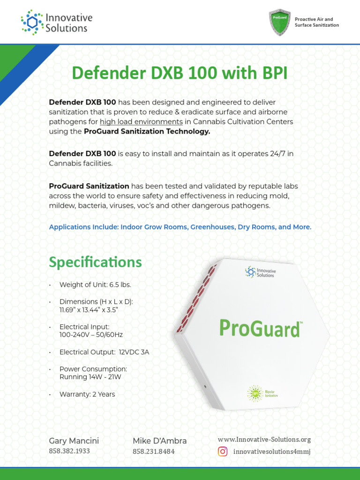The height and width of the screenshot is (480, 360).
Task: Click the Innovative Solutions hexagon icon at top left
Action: coord(31,22)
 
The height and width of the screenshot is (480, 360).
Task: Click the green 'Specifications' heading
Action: coord(95,262)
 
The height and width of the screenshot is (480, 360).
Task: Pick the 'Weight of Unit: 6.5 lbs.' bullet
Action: coord(95,285)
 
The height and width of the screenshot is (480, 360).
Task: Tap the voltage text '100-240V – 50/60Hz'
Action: coord(91,335)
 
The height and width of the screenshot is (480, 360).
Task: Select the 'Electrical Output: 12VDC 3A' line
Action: coord(104,352)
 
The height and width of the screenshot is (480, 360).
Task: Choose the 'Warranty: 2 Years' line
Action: coord(87,394)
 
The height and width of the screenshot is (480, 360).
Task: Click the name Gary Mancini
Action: coord(74,441)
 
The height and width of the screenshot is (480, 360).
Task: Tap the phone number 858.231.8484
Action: coord(154,451)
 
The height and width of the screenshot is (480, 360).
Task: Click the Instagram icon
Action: coord(223,451)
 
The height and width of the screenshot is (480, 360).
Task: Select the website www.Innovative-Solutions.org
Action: coord(264,440)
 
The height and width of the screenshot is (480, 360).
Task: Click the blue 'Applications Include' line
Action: coord(180,227)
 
